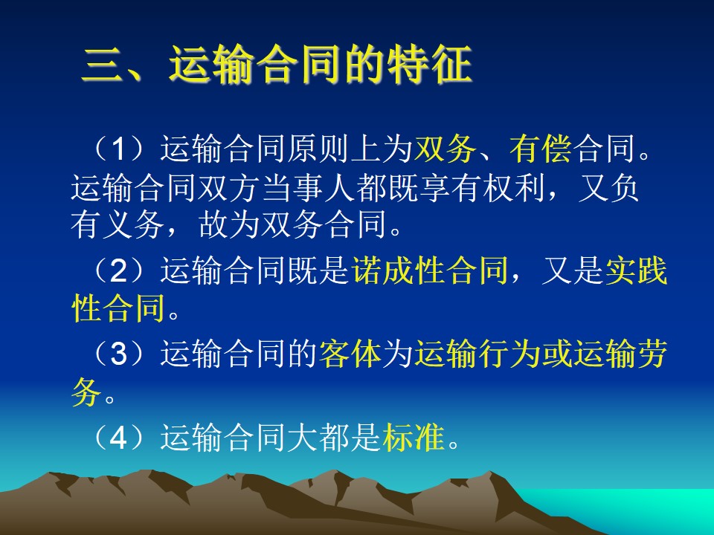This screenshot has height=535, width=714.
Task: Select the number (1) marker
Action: [x=118, y=149]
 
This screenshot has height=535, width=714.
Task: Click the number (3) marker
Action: [x=118, y=353]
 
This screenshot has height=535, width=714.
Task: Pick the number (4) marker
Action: [x=118, y=437]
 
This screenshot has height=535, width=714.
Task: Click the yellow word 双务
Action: [x=445, y=149]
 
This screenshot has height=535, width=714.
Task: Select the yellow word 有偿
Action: [x=541, y=149]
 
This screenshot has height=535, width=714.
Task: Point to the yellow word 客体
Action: [x=350, y=353]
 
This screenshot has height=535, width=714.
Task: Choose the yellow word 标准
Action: [x=414, y=437]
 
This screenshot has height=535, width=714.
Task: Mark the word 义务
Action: [x=133, y=224]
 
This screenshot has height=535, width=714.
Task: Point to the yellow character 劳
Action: [x=652, y=353]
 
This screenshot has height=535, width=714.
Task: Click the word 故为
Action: [x=229, y=224]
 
